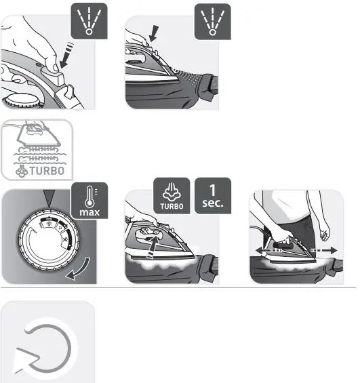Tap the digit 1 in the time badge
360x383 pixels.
tap(213, 190)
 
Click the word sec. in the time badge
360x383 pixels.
tap(213, 203)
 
